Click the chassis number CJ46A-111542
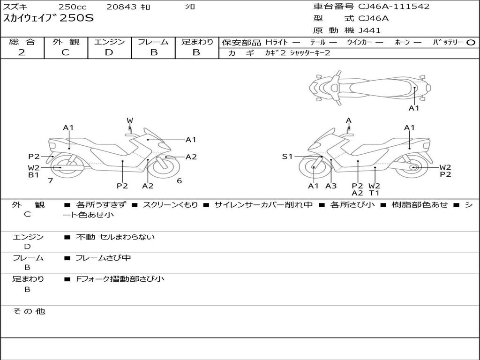(x=394, y=7)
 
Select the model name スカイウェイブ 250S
(x=49, y=19)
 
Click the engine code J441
(x=369, y=30)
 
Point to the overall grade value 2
(x=22, y=52)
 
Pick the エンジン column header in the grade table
(x=110, y=42)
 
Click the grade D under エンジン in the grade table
(x=109, y=52)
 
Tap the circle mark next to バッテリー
(x=471, y=42)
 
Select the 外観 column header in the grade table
(x=66, y=42)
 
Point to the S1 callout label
(x=287, y=157)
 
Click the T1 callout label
(x=374, y=193)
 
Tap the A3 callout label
(x=331, y=186)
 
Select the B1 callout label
(x=33, y=175)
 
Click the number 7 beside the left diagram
(x=51, y=181)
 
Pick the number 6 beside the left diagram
(x=179, y=181)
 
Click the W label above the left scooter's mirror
(x=130, y=120)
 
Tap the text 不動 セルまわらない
(x=115, y=237)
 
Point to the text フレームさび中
(x=103, y=258)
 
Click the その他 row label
(x=29, y=311)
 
